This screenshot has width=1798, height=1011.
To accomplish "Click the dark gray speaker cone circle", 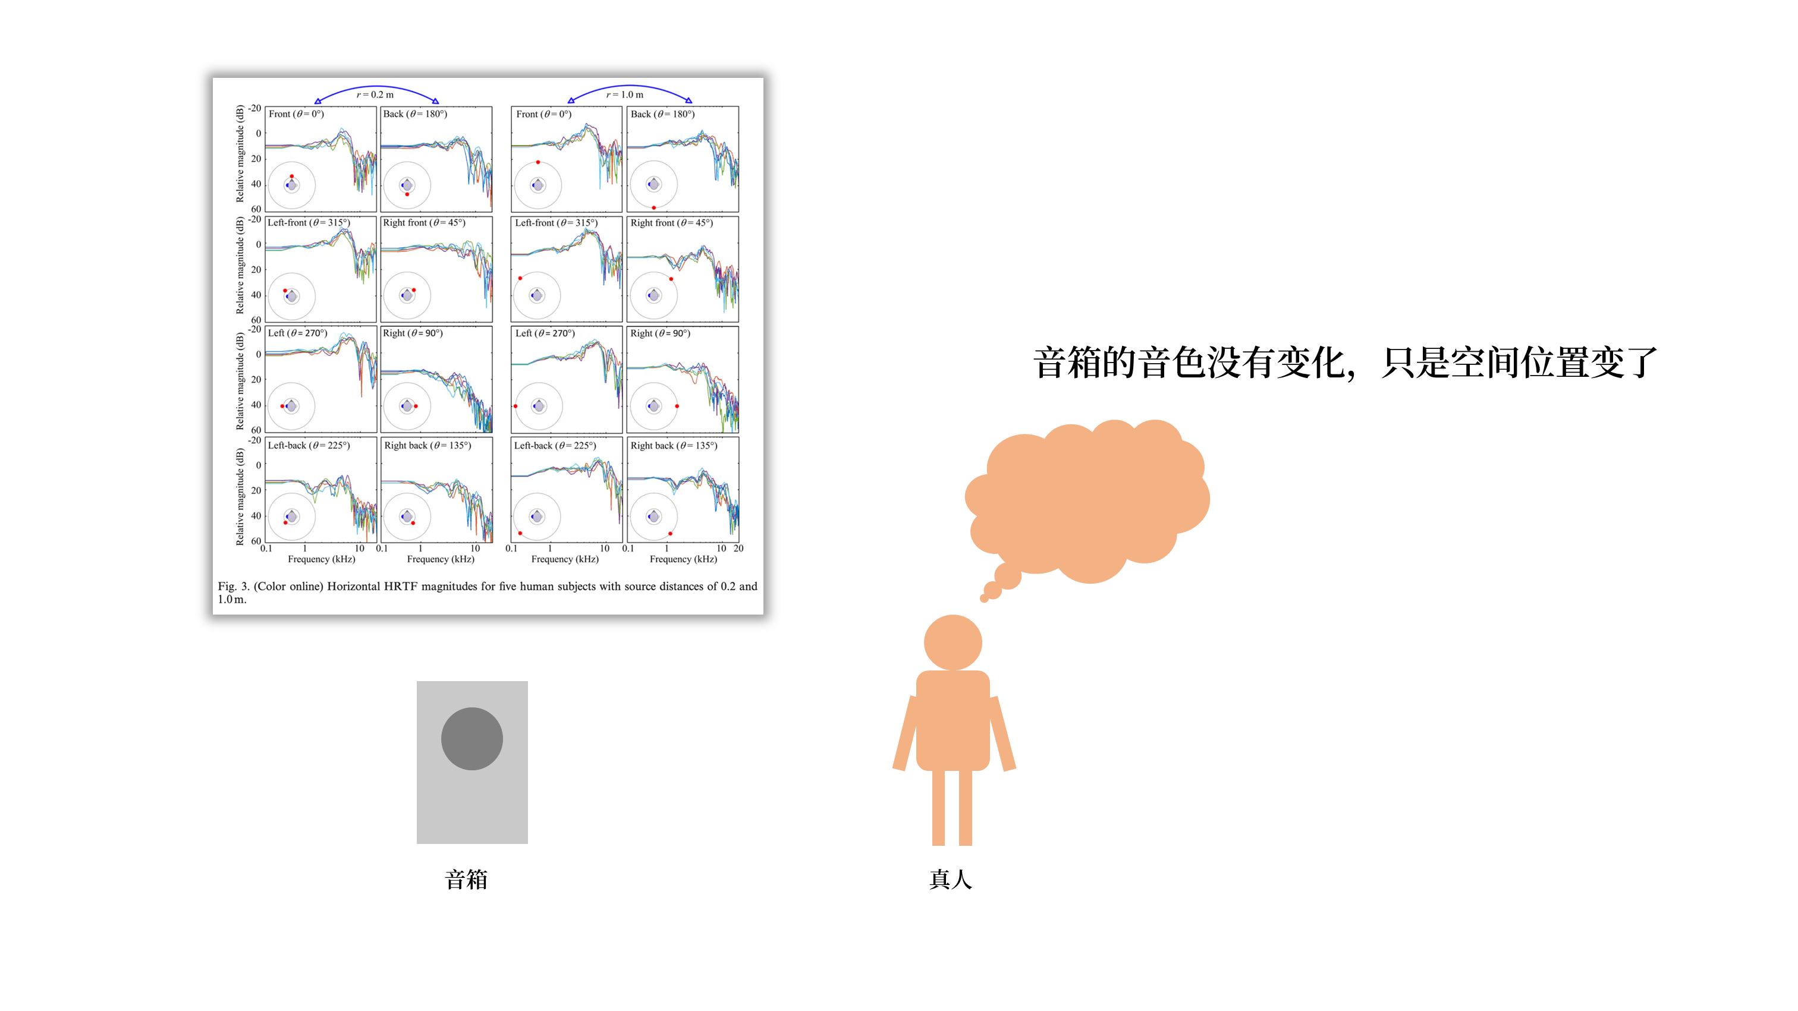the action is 472,738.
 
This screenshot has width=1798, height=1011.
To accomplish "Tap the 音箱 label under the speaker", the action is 466,879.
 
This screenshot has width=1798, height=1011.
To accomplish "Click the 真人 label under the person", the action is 951,879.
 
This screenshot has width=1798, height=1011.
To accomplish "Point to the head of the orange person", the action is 953,642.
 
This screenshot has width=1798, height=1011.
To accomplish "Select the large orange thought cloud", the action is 1087,500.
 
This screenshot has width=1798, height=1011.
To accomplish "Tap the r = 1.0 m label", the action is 625,94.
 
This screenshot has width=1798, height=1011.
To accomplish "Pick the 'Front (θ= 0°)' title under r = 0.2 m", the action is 296,114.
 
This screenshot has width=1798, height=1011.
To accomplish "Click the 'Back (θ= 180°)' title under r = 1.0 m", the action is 662,114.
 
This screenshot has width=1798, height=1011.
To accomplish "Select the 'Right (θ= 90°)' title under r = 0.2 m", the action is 413,333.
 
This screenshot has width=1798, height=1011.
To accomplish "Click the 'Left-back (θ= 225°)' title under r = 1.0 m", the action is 555,445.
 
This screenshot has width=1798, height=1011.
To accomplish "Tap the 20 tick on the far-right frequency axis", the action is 738,549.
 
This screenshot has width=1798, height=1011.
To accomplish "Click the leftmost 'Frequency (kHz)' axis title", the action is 322,559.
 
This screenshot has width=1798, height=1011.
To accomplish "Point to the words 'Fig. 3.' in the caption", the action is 233,586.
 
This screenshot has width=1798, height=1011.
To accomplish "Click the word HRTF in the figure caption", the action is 401,586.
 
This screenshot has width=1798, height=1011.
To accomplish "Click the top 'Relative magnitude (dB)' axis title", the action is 240,153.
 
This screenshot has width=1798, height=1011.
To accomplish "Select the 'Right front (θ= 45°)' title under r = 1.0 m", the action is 671,222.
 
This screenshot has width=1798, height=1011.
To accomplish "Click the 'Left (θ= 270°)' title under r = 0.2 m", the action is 297,333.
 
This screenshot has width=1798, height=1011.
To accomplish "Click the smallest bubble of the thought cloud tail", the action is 984,598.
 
